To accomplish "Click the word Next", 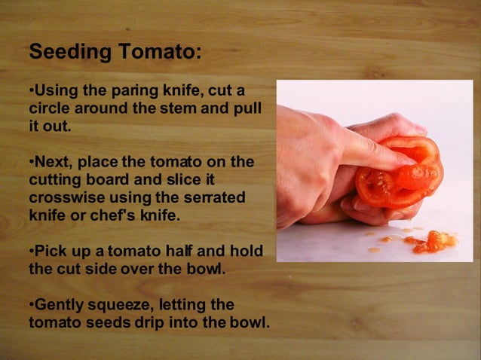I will (x=51, y=163).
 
